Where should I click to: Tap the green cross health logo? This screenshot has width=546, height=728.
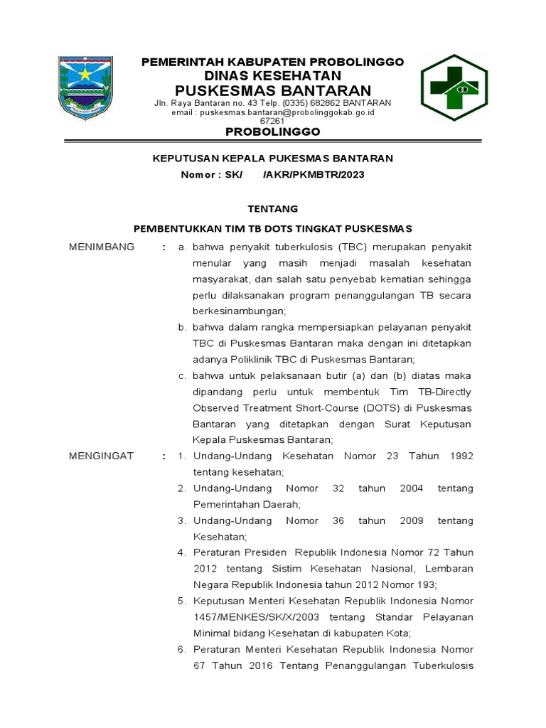click(454, 87)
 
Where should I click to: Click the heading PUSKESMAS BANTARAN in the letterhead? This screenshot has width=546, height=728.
click(273, 90)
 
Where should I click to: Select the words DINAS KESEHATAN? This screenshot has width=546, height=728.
click(273, 75)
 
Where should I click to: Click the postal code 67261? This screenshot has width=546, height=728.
click(273, 121)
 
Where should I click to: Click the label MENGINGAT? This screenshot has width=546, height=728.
click(101, 456)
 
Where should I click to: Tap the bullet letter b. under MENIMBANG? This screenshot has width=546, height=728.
click(182, 327)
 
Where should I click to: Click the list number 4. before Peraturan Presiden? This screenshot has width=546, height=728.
click(182, 552)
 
